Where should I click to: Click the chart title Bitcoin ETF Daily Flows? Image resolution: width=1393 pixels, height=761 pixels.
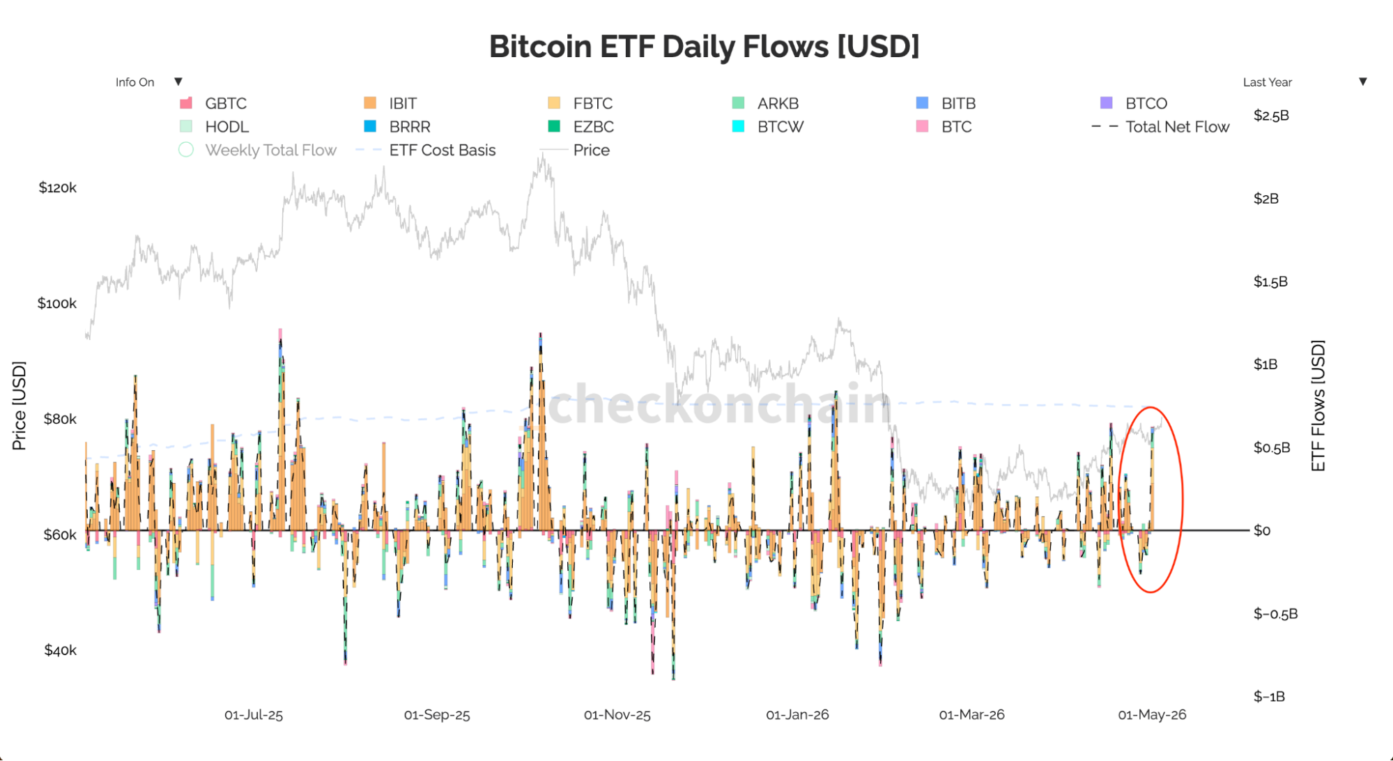point(704,47)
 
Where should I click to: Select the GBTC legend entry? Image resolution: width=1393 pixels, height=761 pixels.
point(213,103)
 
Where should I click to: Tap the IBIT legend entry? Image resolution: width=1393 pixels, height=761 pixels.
point(390,103)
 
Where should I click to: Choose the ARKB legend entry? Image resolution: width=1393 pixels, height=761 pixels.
point(765,103)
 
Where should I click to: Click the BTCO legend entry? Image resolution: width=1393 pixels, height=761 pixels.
point(1133,103)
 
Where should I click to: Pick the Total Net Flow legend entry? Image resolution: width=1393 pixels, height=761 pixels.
point(1160,127)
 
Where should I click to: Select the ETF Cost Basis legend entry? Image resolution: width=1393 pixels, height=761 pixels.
point(426,150)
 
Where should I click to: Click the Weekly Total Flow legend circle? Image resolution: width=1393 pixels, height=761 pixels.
point(186,150)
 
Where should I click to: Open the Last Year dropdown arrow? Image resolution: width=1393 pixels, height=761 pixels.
point(1363,82)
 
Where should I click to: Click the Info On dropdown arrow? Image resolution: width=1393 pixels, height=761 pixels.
point(178,82)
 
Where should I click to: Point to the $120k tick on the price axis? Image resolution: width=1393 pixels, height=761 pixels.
point(58,187)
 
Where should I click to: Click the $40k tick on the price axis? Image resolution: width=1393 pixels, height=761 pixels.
point(60,650)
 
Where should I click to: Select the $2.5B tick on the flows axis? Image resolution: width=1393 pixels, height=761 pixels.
point(1271,116)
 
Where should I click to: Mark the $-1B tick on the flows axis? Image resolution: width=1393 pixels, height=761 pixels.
point(1269,697)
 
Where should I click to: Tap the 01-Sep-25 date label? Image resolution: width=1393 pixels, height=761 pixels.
point(437,715)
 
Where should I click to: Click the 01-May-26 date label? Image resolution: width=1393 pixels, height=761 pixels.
point(1152,715)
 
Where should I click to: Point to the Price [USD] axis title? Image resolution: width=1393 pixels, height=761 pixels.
point(19,406)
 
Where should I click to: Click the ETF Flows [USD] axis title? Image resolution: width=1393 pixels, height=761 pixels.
point(1318,406)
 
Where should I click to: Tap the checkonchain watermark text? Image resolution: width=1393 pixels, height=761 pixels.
point(720,404)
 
